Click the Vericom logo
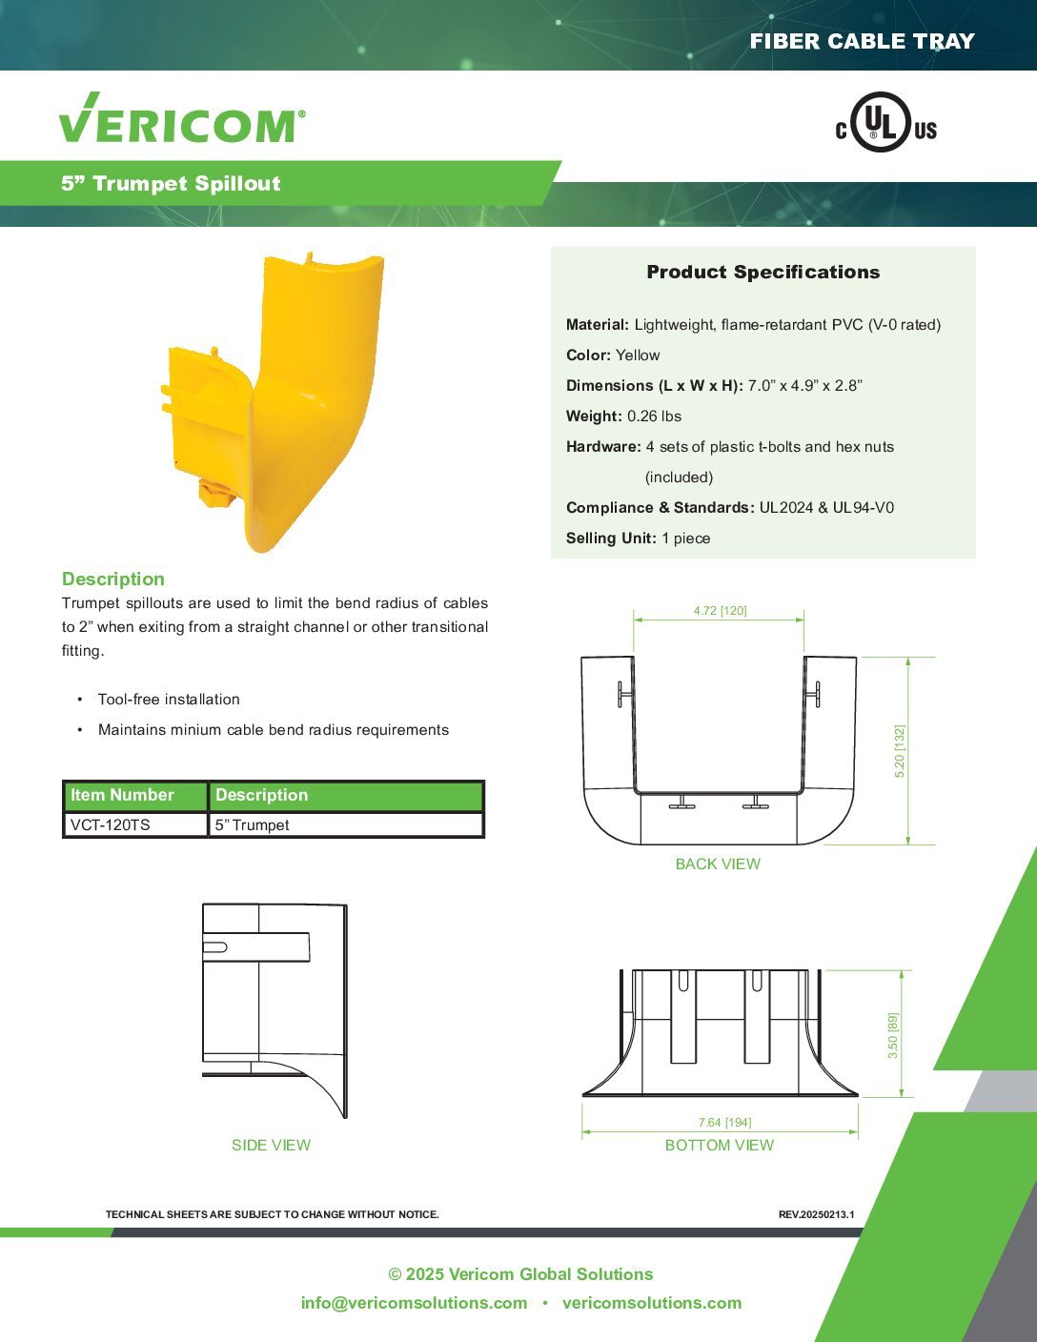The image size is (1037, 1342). coord(182,119)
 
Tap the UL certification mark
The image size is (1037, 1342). coord(885,123)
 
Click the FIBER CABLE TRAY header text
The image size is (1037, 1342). coord(862,41)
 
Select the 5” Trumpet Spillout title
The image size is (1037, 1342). coord(172,184)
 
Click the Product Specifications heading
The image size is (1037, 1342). coord(762,272)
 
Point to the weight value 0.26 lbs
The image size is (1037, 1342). coord(654,417)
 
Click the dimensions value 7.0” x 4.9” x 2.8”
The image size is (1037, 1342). coord(804,386)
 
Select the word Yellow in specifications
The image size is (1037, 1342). coord(638,356)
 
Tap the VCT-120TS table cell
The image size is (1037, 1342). coord(111,825)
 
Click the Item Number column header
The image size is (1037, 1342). coord(122,795)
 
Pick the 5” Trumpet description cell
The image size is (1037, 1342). coord(252,825)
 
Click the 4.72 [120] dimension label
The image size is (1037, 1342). coord(720,611)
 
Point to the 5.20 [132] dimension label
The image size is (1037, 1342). coord(900,751)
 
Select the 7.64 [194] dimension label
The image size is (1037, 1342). coord(724,1123)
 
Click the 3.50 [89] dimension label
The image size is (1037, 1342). coord(893,1035)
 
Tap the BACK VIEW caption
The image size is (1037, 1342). coord(718,864)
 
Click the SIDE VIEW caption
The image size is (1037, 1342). coord(271,1146)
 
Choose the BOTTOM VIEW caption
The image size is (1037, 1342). coord(720,1146)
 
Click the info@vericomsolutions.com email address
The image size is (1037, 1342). coord(414,1303)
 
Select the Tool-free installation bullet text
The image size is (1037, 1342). coord(169,700)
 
